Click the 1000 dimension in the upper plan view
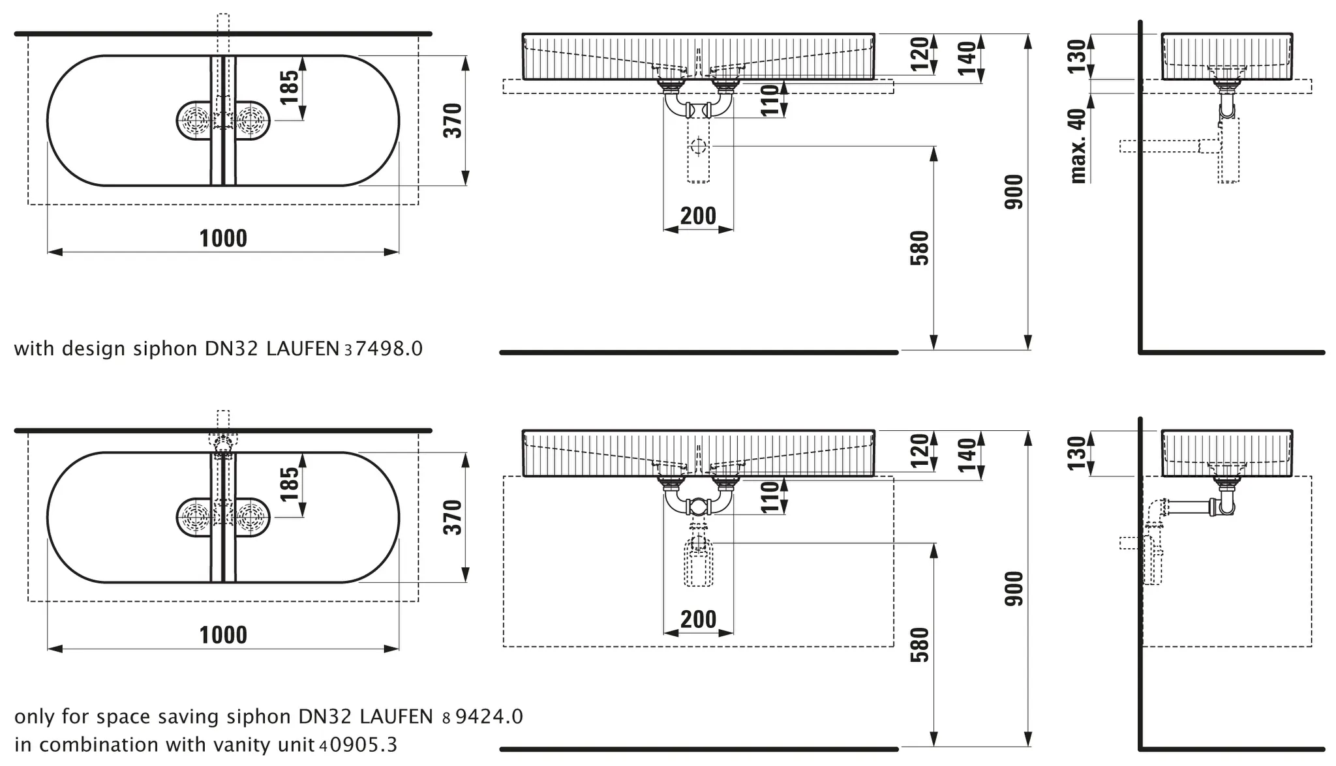tap(223, 238)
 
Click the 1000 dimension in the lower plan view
tap(223, 634)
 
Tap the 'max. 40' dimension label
tap(1078, 145)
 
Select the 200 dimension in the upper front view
tap(698, 215)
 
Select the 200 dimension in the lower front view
tap(698, 619)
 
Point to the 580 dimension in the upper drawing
tap(919, 248)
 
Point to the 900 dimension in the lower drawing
tap(1014, 588)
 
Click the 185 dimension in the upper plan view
tap(289, 87)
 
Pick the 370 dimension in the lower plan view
tap(452, 517)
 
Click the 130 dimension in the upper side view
tap(1077, 56)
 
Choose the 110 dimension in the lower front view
tap(770, 497)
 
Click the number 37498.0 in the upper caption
tap(383, 349)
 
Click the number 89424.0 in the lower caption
tap(482, 716)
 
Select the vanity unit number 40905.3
tap(358, 744)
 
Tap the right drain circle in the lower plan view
tap(252, 518)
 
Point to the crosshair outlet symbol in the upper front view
tap(698, 146)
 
